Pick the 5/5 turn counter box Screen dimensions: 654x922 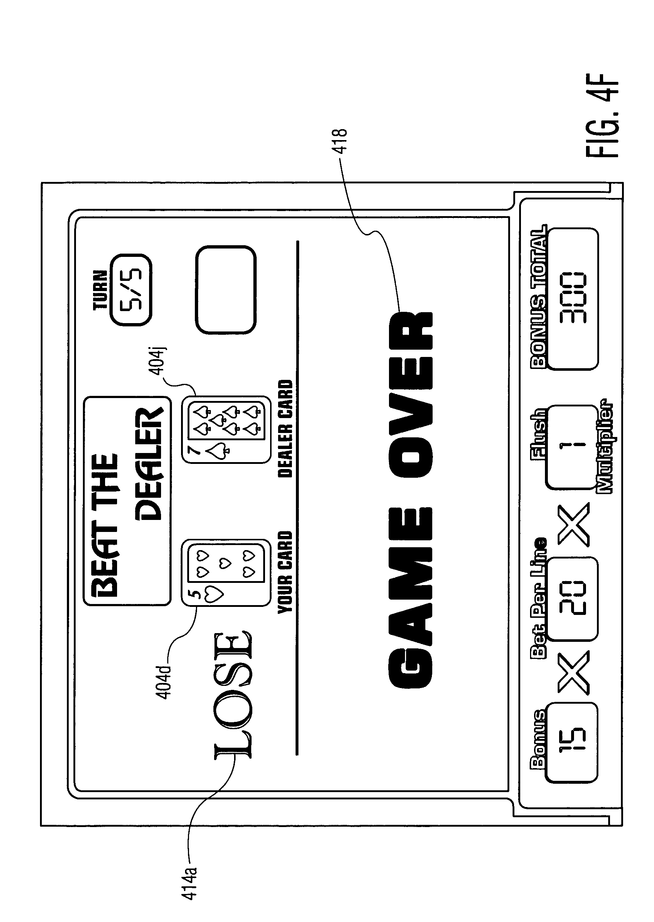(x=131, y=290)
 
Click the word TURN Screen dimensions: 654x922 (x=100, y=290)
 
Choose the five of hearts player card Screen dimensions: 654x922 (x=225, y=573)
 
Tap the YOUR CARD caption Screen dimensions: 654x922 (x=285, y=572)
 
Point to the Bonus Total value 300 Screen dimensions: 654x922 (x=573, y=299)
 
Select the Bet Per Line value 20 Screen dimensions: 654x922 (x=573, y=599)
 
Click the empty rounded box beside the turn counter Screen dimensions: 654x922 (x=225, y=290)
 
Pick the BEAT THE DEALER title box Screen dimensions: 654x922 (x=127, y=501)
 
